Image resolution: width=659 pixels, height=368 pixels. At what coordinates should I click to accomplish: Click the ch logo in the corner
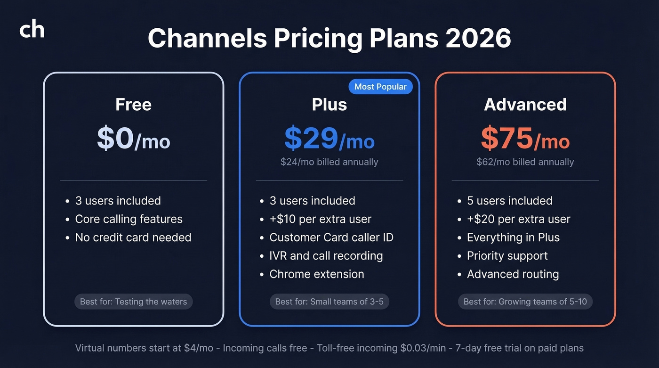coord(32,30)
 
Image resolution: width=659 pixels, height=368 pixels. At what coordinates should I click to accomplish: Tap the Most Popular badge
coord(380,87)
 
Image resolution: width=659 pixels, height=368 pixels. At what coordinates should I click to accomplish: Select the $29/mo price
coord(329,139)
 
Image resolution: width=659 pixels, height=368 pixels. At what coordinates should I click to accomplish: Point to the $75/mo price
coord(525,139)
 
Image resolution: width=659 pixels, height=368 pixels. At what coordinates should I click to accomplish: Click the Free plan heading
coord(134,104)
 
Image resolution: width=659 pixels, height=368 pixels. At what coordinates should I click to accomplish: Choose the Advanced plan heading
coord(525,104)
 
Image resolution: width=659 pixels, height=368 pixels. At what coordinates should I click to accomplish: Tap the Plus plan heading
coord(329,104)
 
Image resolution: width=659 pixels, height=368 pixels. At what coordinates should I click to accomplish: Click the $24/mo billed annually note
coord(329,162)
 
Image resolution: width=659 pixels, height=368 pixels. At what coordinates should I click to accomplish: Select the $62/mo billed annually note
coord(525,162)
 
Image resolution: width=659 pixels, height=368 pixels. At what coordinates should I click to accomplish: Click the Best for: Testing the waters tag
coord(134,302)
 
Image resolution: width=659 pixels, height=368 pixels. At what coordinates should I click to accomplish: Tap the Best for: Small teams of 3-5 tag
coord(329,302)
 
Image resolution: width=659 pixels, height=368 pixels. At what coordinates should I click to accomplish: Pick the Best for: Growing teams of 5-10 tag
coord(525,302)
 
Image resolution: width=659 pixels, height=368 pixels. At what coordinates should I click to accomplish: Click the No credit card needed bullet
coord(133,237)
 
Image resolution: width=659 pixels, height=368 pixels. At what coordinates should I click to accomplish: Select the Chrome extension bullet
coord(317,274)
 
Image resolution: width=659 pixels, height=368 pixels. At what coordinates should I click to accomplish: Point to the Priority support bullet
coord(507,256)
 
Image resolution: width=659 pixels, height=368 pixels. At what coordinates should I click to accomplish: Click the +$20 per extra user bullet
coord(518,219)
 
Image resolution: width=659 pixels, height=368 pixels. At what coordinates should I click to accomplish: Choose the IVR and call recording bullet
coord(326,256)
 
